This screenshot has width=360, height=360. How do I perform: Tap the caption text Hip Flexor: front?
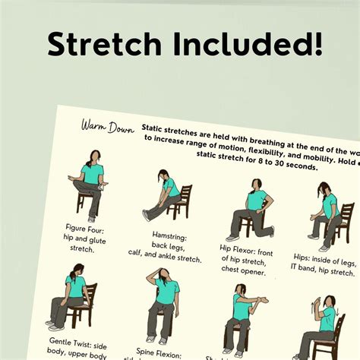tap(245, 247)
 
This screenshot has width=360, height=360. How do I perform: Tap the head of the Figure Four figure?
tap(93, 156)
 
